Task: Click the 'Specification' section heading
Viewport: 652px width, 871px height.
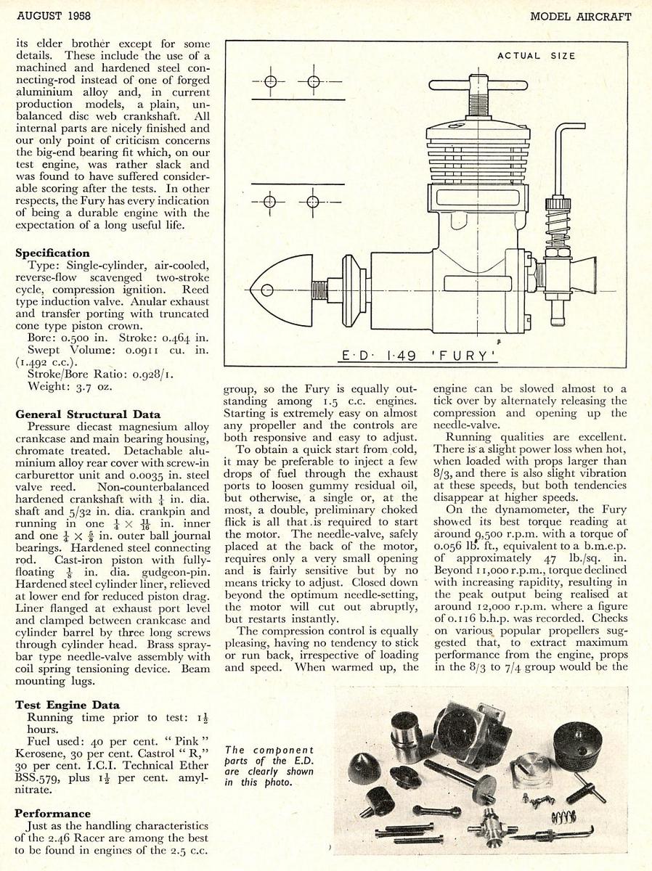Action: (x=53, y=253)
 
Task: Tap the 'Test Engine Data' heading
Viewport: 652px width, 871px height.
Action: (x=68, y=705)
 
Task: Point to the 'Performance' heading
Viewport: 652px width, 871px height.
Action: (x=53, y=814)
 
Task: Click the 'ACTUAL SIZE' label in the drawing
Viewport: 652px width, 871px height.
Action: (x=536, y=56)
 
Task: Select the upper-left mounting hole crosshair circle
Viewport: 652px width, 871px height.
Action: (x=270, y=81)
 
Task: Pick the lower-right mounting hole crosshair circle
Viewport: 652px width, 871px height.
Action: (x=314, y=200)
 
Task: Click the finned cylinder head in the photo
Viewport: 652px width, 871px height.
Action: (x=578, y=742)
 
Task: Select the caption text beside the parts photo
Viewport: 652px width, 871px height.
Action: (x=269, y=765)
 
